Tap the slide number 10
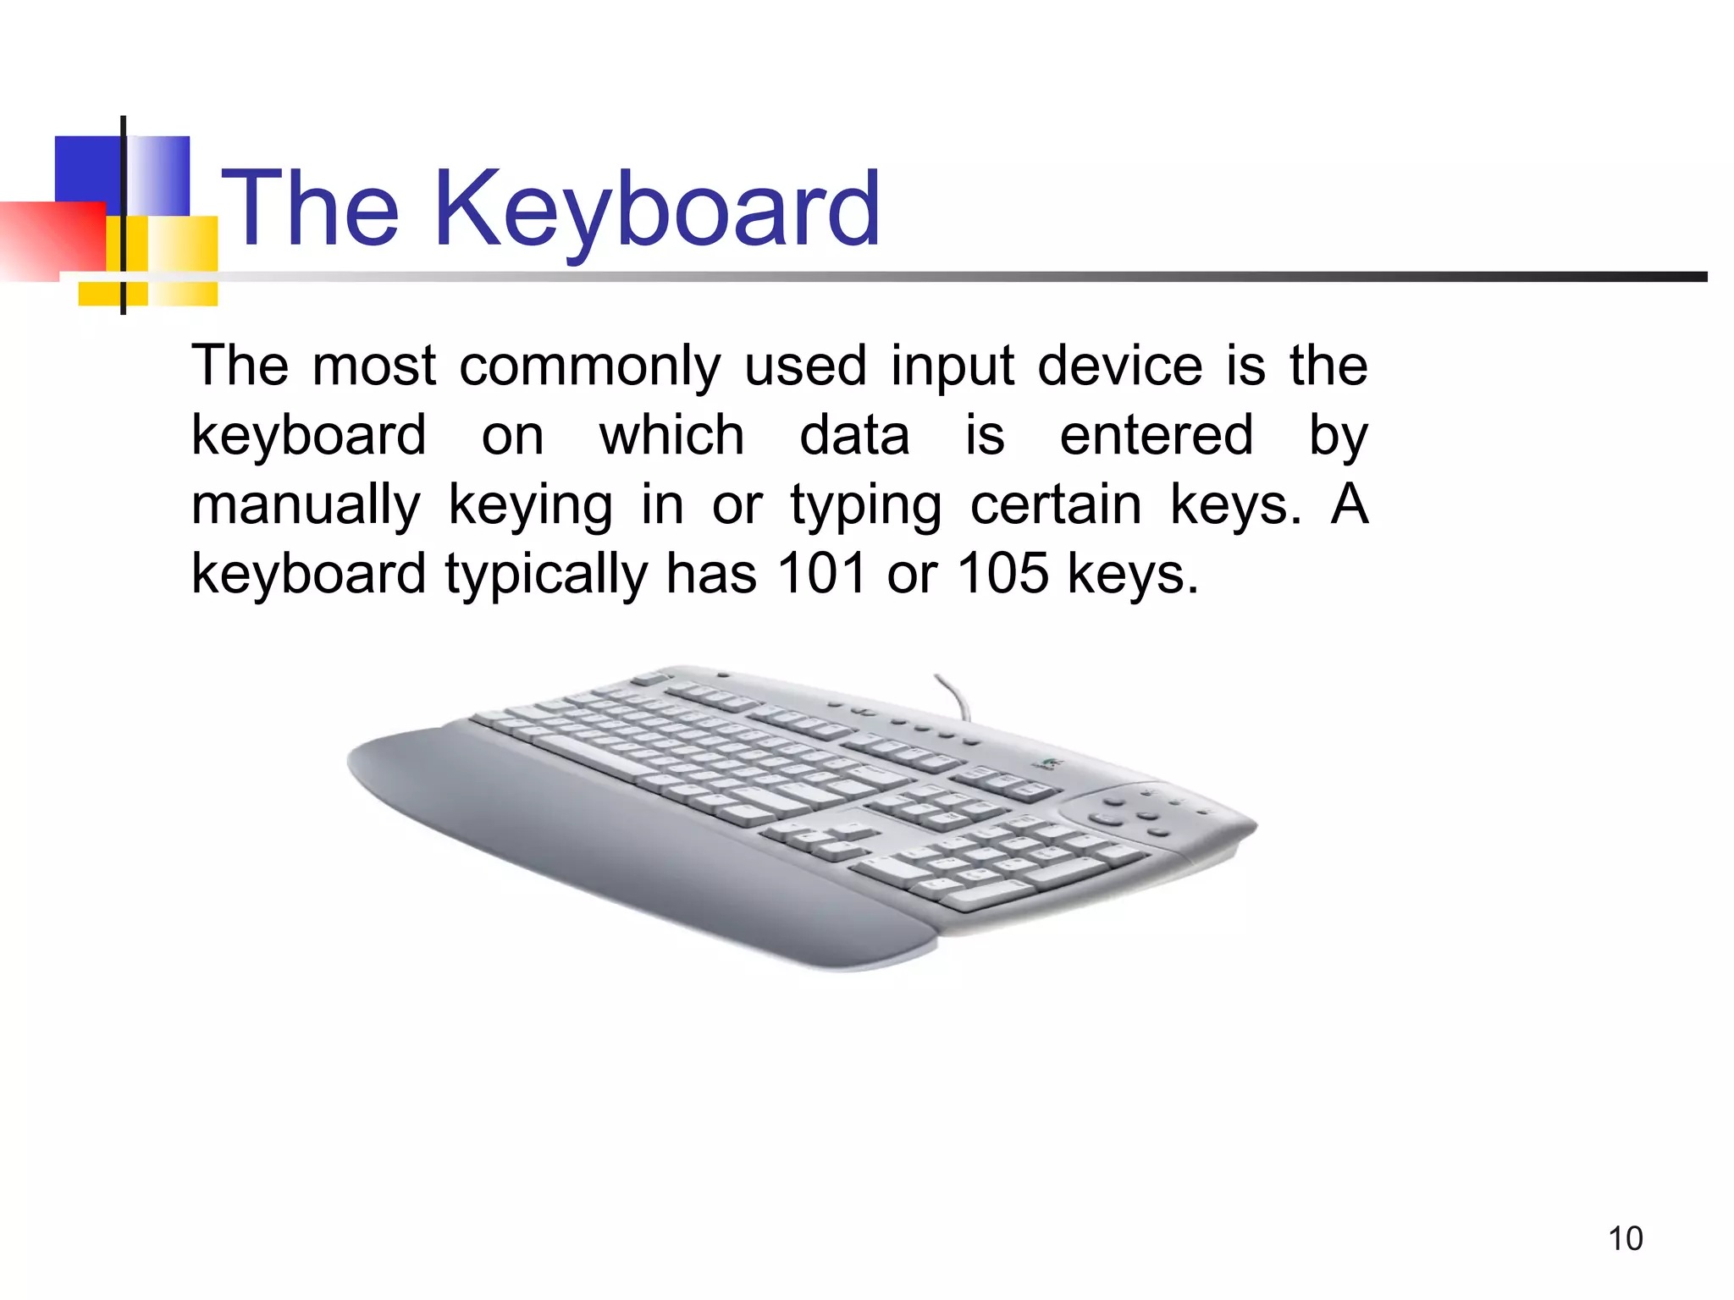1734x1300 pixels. pyautogui.click(x=1625, y=1238)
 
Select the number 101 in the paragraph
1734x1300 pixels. pyautogui.click(x=821, y=573)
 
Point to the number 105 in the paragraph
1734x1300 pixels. pyautogui.click(x=1002, y=573)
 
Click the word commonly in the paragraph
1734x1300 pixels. pyautogui.click(x=589, y=367)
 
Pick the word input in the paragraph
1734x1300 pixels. pyautogui.click(x=952, y=367)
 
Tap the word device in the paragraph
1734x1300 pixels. pyautogui.click(x=1119, y=366)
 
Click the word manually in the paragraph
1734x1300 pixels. pyautogui.click(x=306, y=506)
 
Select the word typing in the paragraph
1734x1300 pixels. pyautogui.click(x=865, y=506)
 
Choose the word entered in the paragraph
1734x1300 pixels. pyautogui.click(x=1156, y=435)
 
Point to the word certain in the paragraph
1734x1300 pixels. pyautogui.click(x=1056, y=504)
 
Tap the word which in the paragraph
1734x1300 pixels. pyautogui.click(x=671, y=435)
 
